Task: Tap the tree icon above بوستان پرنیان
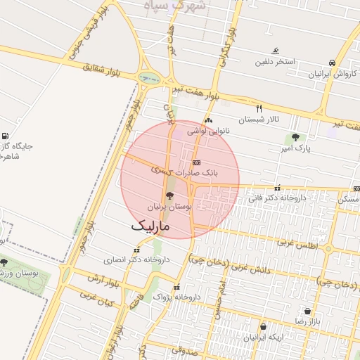pos(169,196)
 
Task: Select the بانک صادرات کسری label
pos(193,172)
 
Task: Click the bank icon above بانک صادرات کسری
pos(195,162)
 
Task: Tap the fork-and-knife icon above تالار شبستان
pos(259,108)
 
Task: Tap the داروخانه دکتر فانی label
pos(276,199)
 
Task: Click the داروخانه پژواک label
pos(176,297)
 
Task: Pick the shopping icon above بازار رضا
pos(307,311)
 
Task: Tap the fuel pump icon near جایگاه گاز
pos(6,136)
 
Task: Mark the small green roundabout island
pos(149,78)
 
